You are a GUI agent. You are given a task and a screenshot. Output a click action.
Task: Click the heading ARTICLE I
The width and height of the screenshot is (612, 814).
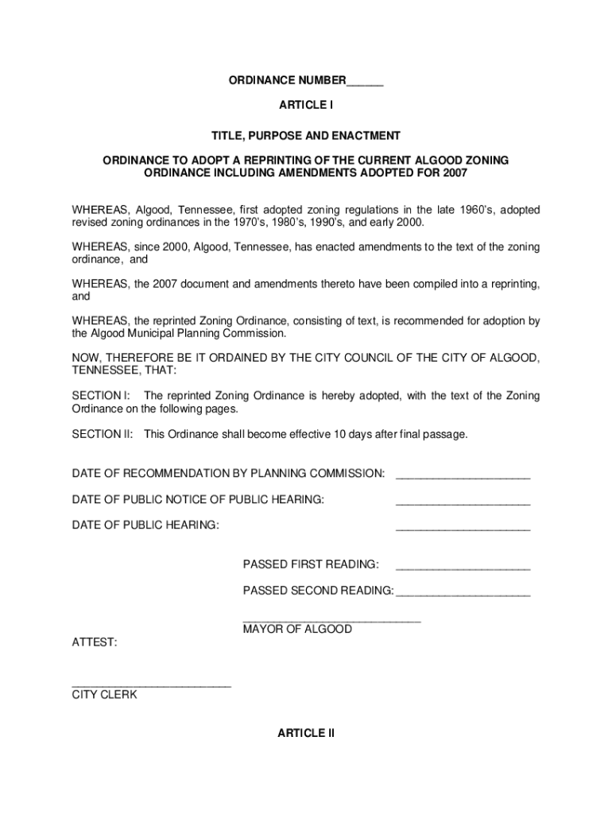pos(306,105)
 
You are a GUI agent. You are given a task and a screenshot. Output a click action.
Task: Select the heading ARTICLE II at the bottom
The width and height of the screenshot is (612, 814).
pos(306,733)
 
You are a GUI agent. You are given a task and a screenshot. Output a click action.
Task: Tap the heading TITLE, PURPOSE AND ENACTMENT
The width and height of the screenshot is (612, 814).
pos(306,136)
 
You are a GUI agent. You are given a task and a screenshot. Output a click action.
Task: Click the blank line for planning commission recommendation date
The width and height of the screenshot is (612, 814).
pos(463,477)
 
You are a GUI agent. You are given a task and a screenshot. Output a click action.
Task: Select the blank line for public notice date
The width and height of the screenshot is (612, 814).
pos(463,503)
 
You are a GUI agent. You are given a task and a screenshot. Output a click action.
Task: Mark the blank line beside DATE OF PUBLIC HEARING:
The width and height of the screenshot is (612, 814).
pos(463,529)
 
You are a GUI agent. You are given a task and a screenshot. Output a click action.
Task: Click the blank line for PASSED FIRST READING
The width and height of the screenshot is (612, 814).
pos(463,568)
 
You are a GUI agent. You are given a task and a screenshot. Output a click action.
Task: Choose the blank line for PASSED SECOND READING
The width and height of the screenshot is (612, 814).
pos(463,595)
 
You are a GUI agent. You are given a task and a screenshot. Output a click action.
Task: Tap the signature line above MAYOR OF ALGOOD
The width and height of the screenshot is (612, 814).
pos(331,620)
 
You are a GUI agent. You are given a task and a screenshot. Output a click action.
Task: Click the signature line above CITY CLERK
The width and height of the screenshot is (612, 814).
pos(151,685)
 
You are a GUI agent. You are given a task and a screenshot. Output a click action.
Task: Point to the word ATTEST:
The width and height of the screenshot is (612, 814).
pos(95,642)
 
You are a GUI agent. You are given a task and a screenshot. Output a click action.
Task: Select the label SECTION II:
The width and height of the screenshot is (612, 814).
pos(103,435)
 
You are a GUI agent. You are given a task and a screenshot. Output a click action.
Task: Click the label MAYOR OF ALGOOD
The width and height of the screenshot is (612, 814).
pos(297,630)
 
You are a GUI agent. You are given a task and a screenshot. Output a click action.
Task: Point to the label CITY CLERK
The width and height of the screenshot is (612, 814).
pos(104,695)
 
